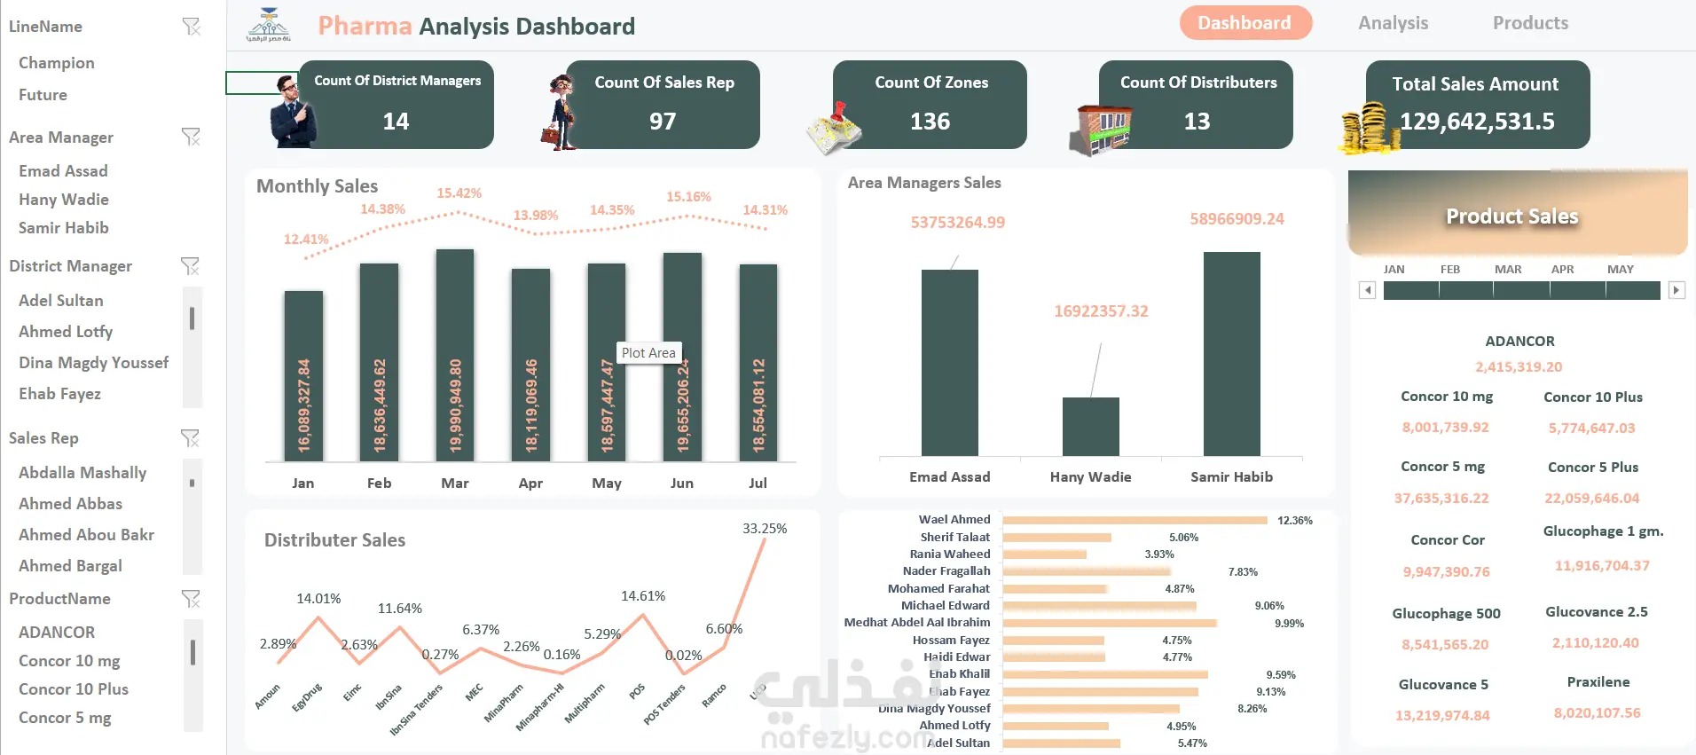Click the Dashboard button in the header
[1245, 23]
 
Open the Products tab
[1530, 23]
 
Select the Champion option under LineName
[57, 63]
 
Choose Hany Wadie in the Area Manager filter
[64, 200]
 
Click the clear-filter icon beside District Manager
[190, 266]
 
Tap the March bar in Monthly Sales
[455, 355]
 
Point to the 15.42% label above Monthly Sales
[459, 193]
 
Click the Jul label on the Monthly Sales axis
[758, 484]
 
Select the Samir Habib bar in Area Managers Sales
[1231, 354]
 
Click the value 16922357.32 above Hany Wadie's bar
[1101, 311]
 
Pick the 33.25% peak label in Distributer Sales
[765, 529]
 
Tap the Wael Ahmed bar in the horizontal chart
[1135, 521]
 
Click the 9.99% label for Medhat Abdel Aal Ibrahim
[1289, 624]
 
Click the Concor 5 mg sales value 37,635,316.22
[1441, 499]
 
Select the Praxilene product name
[1598, 682]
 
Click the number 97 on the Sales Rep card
[663, 122]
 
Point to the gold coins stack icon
[1363, 130]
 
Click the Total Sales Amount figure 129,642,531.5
[1477, 122]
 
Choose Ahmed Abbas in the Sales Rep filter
[71, 504]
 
